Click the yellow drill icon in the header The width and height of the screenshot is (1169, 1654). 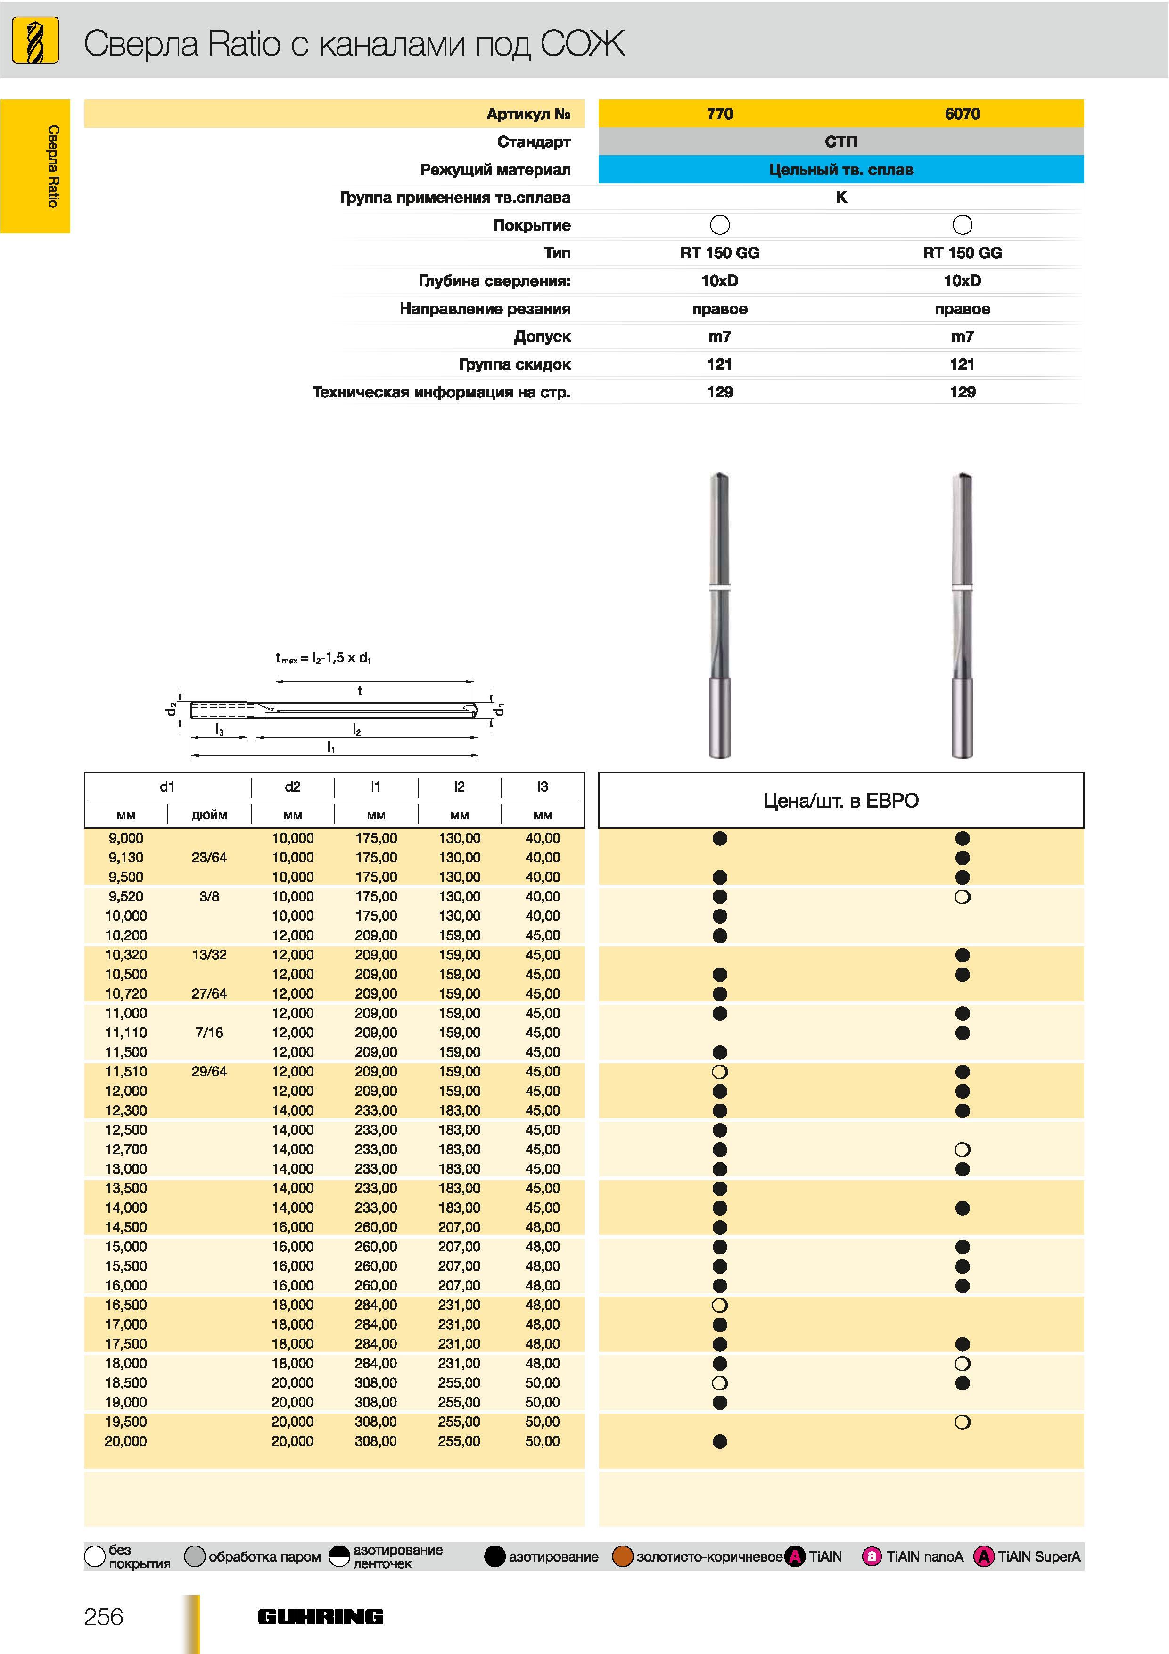click(35, 41)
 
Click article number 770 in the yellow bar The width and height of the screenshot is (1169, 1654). click(720, 114)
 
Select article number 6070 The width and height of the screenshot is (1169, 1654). click(962, 114)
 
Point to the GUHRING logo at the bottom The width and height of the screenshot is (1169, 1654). click(321, 1617)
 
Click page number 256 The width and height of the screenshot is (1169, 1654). click(104, 1617)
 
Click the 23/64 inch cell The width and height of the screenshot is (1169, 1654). click(209, 857)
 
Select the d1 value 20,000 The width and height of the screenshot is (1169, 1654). click(125, 1441)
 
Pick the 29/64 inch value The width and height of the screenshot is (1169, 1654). click(209, 1071)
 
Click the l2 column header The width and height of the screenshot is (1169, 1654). click(459, 786)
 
